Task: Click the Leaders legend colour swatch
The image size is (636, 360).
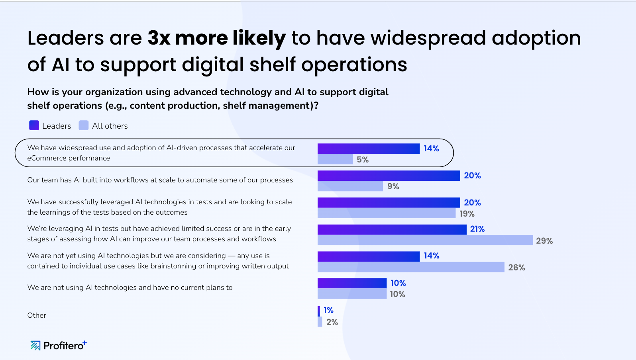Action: click(x=34, y=125)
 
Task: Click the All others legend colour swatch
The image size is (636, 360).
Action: click(x=83, y=125)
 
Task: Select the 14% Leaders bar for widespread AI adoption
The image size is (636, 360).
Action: click(x=368, y=149)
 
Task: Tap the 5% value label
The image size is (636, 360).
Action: click(x=363, y=160)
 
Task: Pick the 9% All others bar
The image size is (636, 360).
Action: click(x=350, y=186)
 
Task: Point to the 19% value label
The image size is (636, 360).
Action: click(x=467, y=214)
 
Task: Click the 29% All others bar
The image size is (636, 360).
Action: click(x=425, y=240)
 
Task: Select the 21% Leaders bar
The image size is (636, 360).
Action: click(x=392, y=229)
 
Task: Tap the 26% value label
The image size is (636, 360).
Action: click(x=516, y=268)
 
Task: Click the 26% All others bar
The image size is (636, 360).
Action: click(x=410, y=267)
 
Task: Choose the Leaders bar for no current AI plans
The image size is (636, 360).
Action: click(x=352, y=283)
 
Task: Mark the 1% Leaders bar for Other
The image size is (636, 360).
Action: click(x=319, y=311)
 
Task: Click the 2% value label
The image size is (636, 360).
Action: click(x=332, y=322)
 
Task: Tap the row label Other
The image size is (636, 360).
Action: click(x=37, y=315)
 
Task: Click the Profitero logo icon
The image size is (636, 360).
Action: click(x=35, y=345)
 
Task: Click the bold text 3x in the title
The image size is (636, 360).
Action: click(x=159, y=38)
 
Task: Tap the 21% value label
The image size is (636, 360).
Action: click(x=477, y=229)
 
